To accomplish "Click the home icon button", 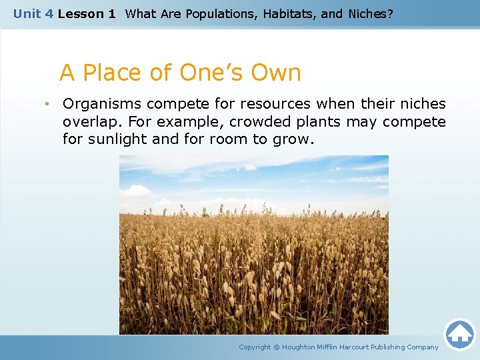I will coord(459,334).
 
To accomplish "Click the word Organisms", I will coord(102,104).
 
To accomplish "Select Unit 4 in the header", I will coord(33,13).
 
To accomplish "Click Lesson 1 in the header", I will coord(87,13).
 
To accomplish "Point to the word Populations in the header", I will coord(217,13).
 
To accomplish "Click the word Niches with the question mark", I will coord(371,13).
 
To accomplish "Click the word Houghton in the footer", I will coord(299,347).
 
